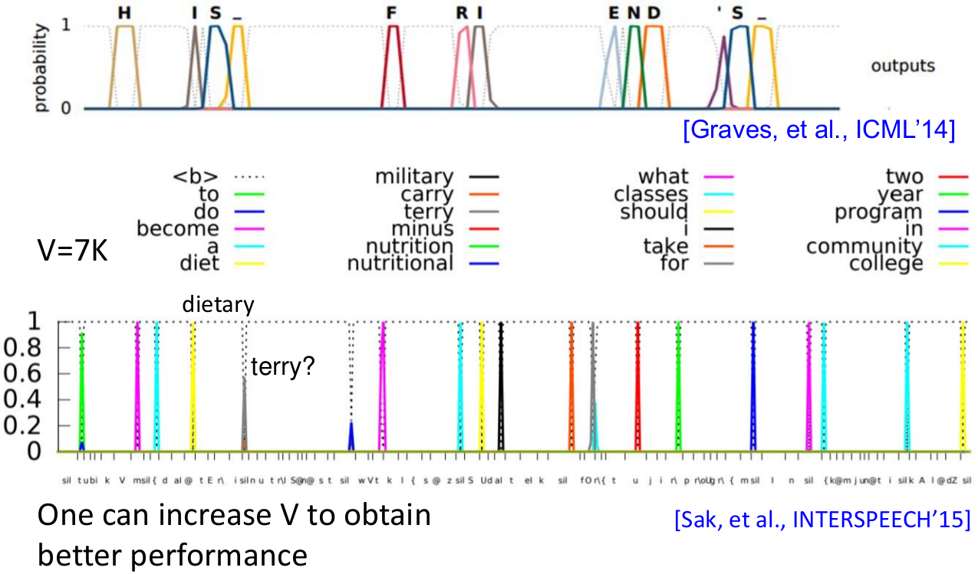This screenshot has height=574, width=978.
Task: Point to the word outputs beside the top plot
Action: click(903, 66)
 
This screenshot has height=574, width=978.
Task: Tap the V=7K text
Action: click(72, 250)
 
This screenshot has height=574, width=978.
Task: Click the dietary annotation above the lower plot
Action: click(218, 305)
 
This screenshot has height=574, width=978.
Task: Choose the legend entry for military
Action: click(414, 177)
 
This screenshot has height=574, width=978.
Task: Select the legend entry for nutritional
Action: click(400, 264)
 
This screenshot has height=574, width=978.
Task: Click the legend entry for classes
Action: click(651, 195)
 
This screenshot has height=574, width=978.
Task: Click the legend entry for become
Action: click(177, 229)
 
